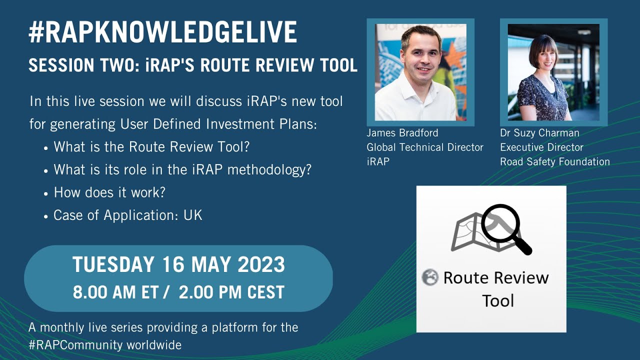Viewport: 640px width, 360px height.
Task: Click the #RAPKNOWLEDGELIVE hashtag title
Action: (162, 32)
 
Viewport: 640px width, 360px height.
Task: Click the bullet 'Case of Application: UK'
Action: (127, 215)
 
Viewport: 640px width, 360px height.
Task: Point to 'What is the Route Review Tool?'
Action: (151, 147)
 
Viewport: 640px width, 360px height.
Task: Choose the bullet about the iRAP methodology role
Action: (182, 169)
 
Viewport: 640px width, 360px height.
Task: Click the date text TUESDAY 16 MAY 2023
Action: (178, 264)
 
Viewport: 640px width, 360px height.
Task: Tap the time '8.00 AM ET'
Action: (115, 292)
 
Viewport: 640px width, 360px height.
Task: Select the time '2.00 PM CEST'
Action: (231, 292)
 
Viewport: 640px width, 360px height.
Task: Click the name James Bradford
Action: (402, 133)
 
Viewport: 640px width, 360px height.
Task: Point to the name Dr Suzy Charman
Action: (539, 133)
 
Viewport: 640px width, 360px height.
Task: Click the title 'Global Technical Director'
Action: (425, 147)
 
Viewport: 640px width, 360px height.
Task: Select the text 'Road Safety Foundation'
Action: (555, 161)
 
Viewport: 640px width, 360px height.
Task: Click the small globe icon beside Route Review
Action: (429, 277)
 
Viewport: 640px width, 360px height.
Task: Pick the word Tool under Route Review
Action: (498, 300)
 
